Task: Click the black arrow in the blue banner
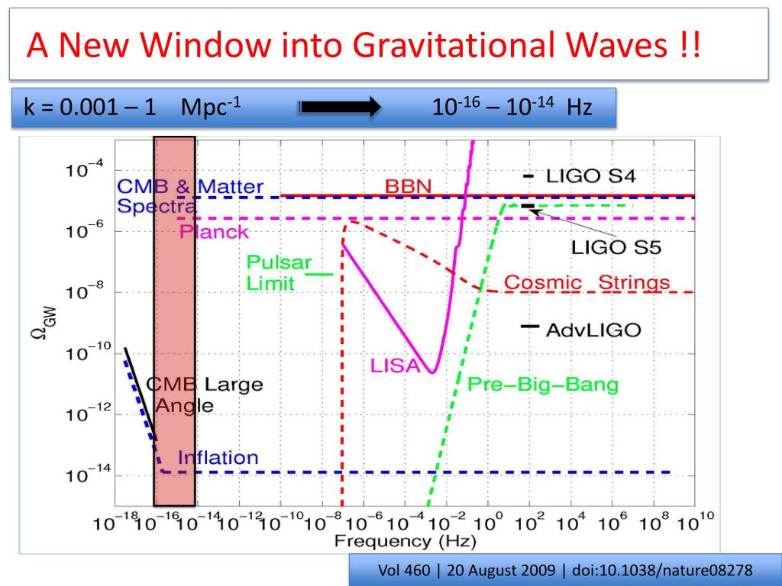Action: click(341, 108)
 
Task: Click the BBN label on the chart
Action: click(409, 185)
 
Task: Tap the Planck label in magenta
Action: click(215, 232)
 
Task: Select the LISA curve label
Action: click(396, 365)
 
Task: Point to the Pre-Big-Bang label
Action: click(542, 384)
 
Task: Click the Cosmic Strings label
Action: click(587, 282)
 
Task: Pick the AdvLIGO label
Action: click(593, 330)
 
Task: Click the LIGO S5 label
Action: click(616, 247)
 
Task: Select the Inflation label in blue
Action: click(218, 458)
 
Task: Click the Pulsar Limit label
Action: click(279, 273)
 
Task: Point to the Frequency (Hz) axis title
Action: click(405, 542)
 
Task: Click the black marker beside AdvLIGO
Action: click(528, 327)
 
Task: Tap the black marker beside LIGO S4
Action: click(528, 176)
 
